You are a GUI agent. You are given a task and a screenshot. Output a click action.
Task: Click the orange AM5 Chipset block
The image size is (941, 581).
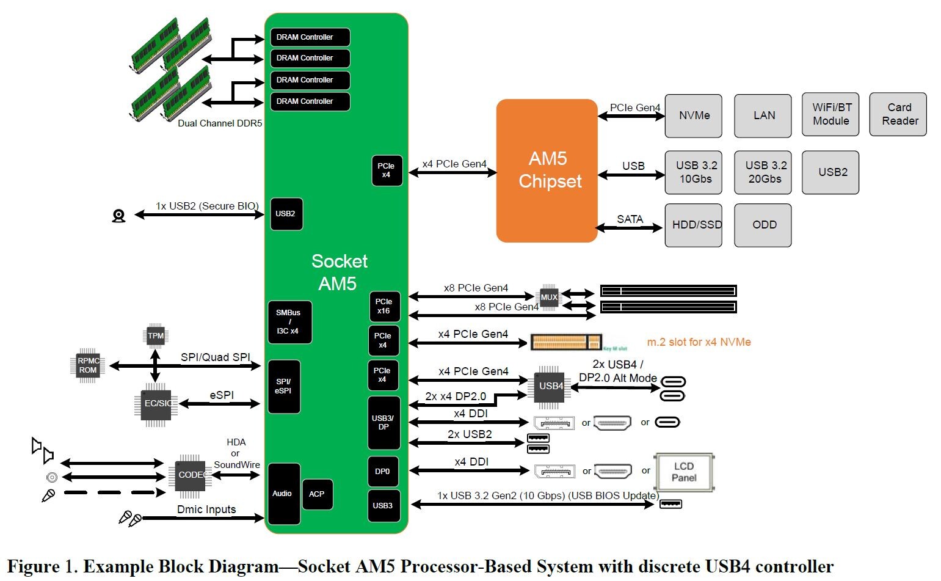[x=547, y=170]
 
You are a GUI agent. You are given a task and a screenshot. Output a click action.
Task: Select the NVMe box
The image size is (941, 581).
[x=693, y=115]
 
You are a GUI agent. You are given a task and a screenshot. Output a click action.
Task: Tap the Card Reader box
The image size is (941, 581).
[x=898, y=114]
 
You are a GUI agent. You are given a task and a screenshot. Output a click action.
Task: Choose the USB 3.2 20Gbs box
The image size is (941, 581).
[x=763, y=172]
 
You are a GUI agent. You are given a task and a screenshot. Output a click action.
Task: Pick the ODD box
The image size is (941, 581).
[x=763, y=225]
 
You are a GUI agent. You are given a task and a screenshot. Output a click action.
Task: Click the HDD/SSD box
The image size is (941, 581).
[x=693, y=225]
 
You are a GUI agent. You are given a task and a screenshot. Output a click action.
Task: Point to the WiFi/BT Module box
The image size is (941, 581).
[x=830, y=114]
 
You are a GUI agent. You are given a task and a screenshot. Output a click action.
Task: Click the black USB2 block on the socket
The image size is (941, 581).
[x=286, y=214]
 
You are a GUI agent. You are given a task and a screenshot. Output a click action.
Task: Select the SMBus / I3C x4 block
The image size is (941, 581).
[x=289, y=322]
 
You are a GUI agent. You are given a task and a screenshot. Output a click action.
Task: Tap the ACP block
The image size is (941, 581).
[x=317, y=494]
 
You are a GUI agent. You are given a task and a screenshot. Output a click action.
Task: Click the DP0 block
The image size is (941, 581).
[x=383, y=472]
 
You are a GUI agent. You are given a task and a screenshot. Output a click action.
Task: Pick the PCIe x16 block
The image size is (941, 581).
[x=384, y=306]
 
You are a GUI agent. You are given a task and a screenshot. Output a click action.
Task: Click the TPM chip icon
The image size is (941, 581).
[x=156, y=335]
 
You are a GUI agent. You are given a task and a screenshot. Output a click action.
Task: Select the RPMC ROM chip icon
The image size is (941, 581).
[x=88, y=365]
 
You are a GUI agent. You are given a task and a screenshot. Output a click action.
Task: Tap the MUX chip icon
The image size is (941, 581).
[x=549, y=298]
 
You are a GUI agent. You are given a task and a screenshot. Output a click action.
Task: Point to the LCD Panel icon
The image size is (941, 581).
[x=683, y=472]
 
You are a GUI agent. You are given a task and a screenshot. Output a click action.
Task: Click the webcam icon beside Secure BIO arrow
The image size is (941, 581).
[x=119, y=216]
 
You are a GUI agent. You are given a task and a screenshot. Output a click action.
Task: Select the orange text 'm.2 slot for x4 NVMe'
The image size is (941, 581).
[x=699, y=342]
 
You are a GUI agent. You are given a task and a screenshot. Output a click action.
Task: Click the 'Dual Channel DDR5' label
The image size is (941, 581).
[x=220, y=123]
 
